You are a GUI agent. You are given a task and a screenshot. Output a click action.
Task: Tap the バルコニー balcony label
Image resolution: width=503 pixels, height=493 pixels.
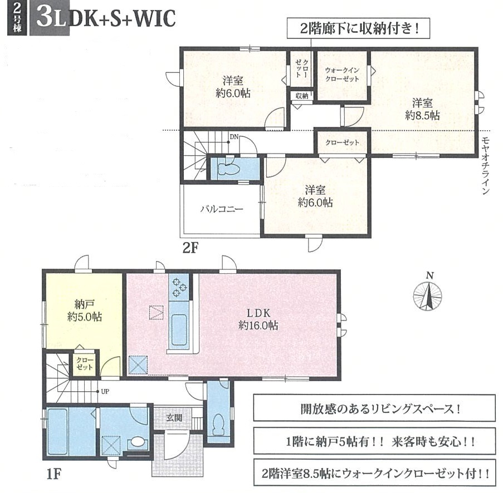[222, 209]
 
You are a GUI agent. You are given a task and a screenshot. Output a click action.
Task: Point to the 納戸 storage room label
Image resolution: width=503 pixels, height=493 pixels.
[85, 304]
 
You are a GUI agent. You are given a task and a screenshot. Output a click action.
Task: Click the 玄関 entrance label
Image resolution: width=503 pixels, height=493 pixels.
[174, 417]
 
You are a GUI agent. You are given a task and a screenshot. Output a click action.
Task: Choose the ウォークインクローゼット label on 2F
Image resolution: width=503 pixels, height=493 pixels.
[342, 75]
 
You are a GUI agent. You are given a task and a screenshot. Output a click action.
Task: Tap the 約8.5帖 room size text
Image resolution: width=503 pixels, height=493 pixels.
[422, 115]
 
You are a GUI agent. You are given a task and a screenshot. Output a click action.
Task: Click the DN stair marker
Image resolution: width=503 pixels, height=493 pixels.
[234, 137]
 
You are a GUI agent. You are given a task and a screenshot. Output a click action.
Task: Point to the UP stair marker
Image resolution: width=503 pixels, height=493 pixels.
[105, 391]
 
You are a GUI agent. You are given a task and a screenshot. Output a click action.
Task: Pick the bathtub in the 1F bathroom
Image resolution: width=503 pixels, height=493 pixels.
[57, 431]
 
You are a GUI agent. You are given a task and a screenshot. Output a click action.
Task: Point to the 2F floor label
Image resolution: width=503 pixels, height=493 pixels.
[191, 248]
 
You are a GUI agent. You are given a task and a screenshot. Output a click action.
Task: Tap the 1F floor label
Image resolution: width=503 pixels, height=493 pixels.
[53, 474]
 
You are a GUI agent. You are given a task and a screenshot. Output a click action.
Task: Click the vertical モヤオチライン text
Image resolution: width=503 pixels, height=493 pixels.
[485, 166]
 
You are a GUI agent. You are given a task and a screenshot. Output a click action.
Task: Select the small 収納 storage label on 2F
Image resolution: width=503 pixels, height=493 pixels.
[301, 96]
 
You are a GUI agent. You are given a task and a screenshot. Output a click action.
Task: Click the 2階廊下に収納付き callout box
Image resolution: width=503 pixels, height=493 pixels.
[358, 29]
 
